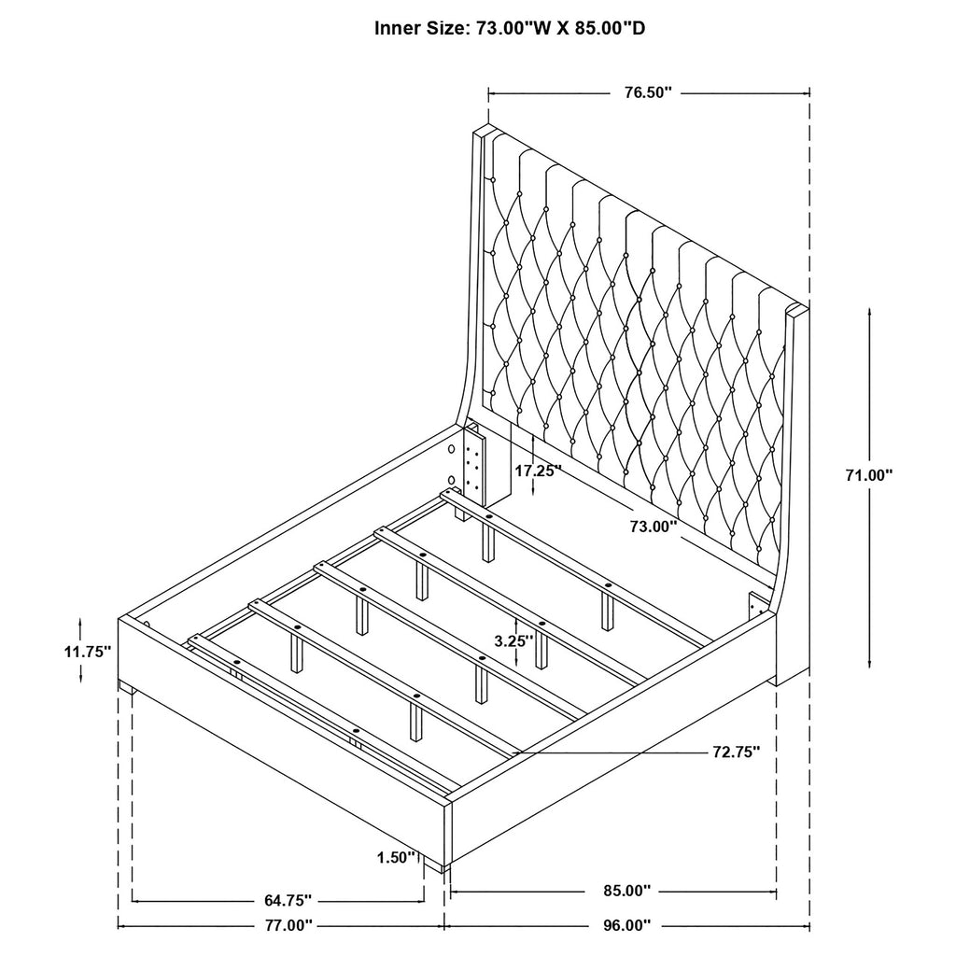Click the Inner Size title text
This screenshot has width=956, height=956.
pos(510,28)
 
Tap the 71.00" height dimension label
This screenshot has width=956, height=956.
pos(868,474)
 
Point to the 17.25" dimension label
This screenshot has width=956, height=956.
pos(539,471)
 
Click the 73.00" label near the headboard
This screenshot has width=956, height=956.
pos(653,527)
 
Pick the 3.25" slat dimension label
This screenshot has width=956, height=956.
pos(513,640)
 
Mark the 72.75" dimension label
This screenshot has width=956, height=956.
pos(735,752)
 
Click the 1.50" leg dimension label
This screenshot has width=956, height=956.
pos(396,857)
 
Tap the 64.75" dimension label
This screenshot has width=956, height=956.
pos(282,901)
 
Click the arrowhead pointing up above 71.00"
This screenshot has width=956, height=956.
pos(869,312)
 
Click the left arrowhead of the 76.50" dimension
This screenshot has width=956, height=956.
pos(493,92)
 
